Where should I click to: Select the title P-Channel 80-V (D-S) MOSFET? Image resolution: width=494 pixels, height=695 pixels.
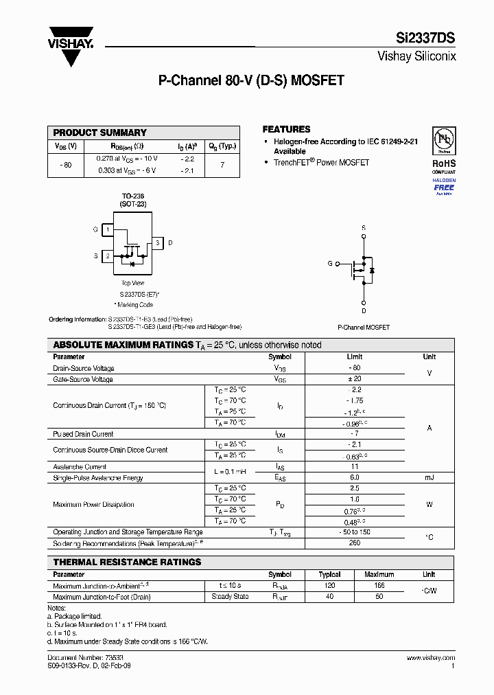(x=251, y=80)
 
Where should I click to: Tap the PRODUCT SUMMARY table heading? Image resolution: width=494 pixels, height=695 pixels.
(x=100, y=133)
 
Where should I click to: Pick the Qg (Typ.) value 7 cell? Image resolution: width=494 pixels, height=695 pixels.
(x=222, y=165)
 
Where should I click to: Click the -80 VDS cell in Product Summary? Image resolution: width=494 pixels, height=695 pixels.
(x=66, y=165)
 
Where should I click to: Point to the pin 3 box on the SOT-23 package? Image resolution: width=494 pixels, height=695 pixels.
(x=158, y=243)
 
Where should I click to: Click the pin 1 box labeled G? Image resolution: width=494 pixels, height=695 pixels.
(x=108, y=229)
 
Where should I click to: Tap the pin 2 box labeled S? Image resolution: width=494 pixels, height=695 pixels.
(x=108, y=256)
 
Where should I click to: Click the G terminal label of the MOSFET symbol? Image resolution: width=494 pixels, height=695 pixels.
(x=330, y=264)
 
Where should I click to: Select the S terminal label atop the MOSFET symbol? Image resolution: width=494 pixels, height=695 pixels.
(x=364, y=227)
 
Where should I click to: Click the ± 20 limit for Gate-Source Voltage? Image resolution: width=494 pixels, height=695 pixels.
(x=355, y=379)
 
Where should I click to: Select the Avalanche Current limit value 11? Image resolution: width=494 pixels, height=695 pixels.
(x=355, y=466)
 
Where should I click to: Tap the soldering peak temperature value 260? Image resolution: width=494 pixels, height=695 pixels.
(x=355, y=543)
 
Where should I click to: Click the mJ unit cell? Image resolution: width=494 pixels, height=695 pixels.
(x=429, y=477)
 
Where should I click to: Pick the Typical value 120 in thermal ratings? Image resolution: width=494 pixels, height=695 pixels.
(x=329, y=586)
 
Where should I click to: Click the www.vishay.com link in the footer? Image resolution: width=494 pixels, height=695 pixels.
(x=431, y=657)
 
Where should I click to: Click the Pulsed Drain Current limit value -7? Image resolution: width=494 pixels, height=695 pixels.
(x=355, y=434)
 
